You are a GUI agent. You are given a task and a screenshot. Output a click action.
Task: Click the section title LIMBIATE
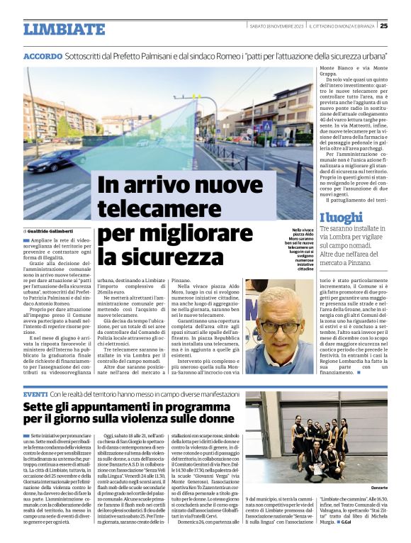pos(64,29)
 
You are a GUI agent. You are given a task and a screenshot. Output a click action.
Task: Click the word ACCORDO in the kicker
pos(43,56)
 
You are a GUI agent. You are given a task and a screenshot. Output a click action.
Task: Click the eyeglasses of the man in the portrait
pos(279,328)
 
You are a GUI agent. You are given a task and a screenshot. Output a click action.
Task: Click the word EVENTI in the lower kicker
pos(35,393)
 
